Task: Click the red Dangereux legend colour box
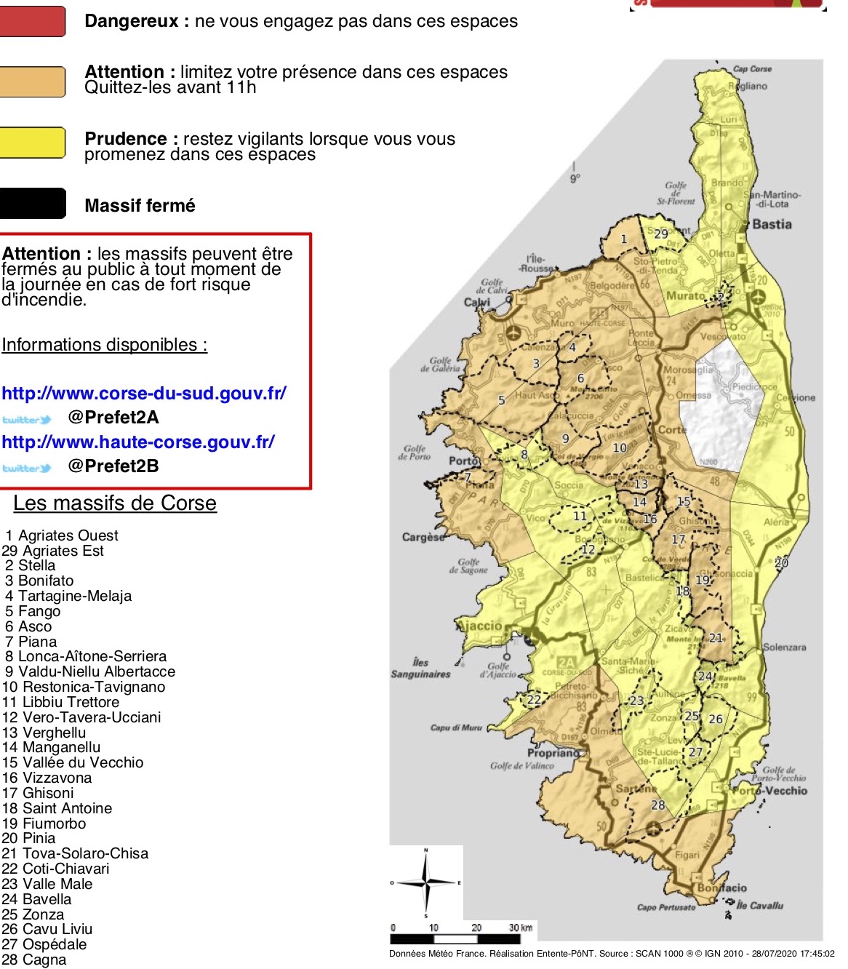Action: [x=32, y=21]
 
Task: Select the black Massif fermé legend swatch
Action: [x=32, y=204]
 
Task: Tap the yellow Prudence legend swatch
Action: [x=32, y=143]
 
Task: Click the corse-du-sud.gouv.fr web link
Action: [x=144, y=394]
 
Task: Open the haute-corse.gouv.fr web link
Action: [x=138, y=442]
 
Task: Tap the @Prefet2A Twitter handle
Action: [x=113, y=418]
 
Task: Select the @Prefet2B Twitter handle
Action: [x=113, y=466]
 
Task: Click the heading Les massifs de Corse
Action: [x=115, y=503]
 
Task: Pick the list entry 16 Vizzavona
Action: [x=47, y=778]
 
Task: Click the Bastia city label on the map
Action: [x=772, y=224]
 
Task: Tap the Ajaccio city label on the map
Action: [x=480, y=626]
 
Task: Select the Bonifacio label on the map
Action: [x=721, y=888]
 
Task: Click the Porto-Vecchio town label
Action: [x=771, y=791]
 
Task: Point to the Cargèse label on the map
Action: [x=423, y=537]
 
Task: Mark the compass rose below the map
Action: [x=426, y=882]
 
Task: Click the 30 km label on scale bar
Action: [x=520, y=928]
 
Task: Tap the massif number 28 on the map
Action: [x=657, y=805]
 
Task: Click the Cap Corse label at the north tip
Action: [x=752, y=69]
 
